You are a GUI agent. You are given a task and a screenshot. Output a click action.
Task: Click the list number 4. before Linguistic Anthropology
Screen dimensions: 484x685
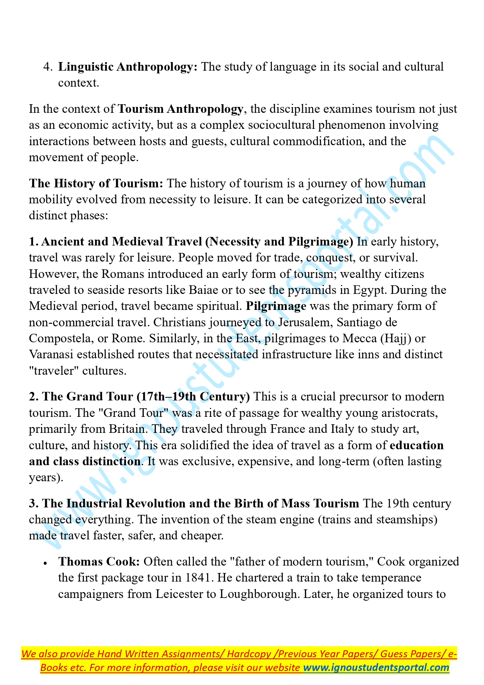(48, 67)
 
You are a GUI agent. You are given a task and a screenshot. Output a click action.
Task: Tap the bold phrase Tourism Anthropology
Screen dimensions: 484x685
(181, 109)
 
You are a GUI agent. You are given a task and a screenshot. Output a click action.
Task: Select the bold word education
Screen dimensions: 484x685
(417, 445)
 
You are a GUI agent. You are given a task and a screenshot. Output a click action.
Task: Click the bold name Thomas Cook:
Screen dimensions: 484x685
(99, 562)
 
